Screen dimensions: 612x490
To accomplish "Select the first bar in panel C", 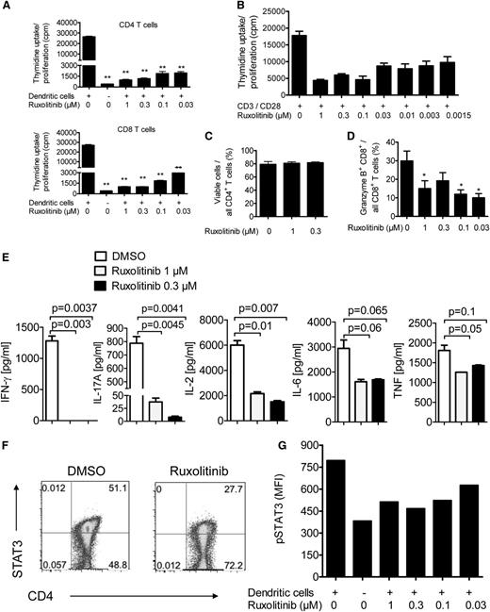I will tap(243, 190).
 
